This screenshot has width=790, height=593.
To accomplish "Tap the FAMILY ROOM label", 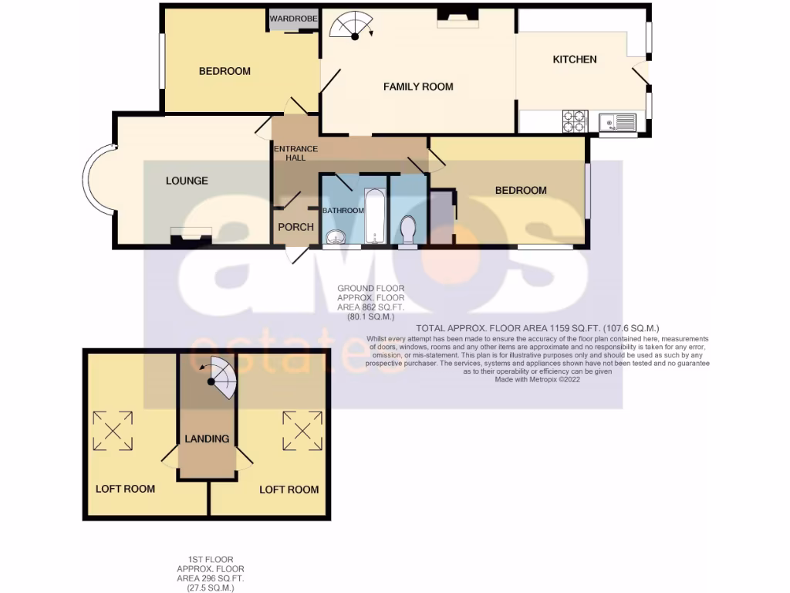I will click(x=418, y=86).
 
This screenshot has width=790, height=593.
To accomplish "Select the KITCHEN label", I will click(x=575, y=59).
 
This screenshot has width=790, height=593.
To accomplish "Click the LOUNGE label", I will click(x=187, y=181).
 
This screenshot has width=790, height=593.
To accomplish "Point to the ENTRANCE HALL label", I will click(x=295, y=153).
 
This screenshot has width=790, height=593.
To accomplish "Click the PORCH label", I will click(x=295, y=227).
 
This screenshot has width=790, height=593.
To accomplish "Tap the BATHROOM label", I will click(x=343, y=211).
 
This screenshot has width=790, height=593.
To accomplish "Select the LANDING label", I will click(x=207, y=439).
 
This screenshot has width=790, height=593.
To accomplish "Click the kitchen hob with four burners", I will click(x=576, y=121).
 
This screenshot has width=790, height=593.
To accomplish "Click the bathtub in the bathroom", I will click(x=375, y=216).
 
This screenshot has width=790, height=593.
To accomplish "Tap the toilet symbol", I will click(x=408, y=229).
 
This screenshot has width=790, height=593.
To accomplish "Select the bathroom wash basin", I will click(x=337, y=237).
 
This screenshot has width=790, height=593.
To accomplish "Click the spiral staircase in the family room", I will click(x=350, y=26).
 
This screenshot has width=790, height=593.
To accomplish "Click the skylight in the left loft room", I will click(x=113, y=430).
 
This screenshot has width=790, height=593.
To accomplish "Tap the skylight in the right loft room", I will click(x=302, y=430).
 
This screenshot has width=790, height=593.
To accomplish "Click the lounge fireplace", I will click(x=191, y=234).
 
